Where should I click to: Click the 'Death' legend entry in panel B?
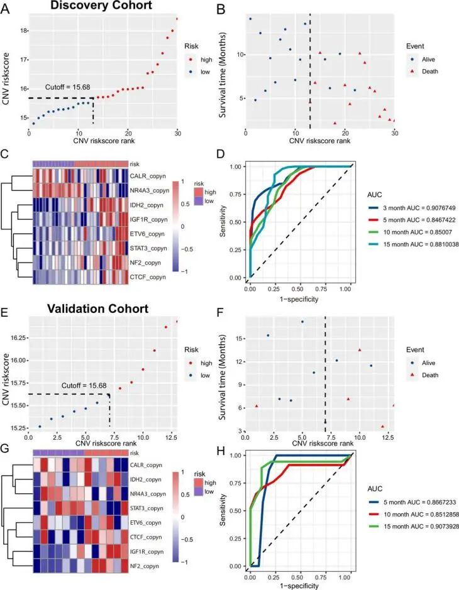[x=422, y=72]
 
